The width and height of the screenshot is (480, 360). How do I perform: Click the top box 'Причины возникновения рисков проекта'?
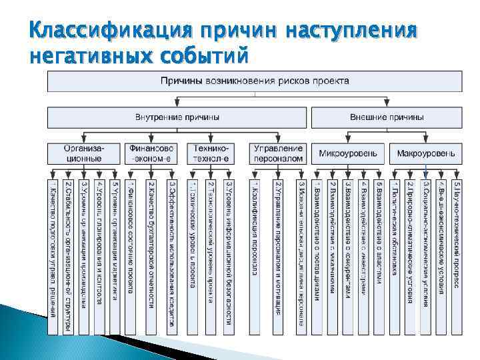click(x=253, y=81)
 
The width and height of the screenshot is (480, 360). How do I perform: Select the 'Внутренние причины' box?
click(x=177, y=117)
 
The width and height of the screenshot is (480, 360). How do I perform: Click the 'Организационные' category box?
click(x=83, y=153)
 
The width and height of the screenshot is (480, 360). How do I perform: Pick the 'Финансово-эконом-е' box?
click(x=152, y=153)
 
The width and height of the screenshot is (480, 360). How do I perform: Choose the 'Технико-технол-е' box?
click(x=211, y=153)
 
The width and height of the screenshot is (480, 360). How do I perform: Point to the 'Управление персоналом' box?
click(x=279, y=153)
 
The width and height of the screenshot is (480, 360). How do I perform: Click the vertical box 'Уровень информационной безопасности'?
click(x=229, y=253)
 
